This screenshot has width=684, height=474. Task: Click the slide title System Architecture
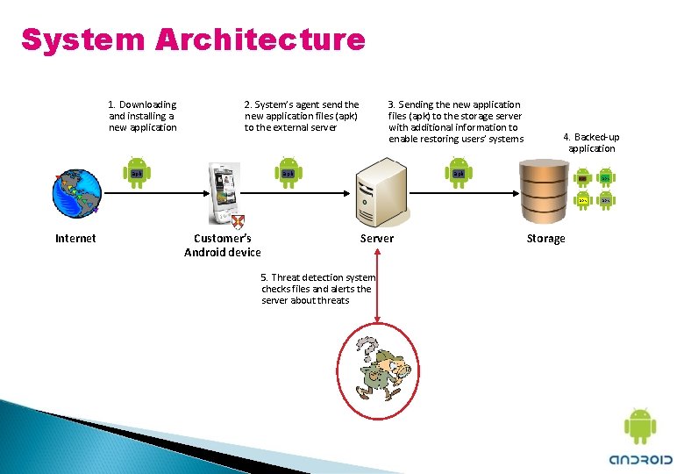(193, 39)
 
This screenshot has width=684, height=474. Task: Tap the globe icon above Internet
(76, 192)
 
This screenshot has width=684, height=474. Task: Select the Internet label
(75, 238)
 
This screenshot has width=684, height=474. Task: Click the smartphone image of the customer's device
(224, 193)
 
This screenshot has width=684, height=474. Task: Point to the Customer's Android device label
(223, 245)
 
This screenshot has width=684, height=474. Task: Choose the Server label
(377, 238)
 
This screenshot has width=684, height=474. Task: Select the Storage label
(545, 238)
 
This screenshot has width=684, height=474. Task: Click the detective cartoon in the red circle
(379, 369)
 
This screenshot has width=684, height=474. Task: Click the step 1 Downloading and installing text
(142, 116)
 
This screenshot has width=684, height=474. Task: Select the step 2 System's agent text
(302, 116)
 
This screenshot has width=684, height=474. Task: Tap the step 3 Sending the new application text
(455, 121)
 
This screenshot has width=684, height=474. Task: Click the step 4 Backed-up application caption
(591, 143)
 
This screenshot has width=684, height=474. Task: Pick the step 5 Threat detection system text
(317, 289)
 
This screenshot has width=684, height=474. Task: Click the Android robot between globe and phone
(137, 173)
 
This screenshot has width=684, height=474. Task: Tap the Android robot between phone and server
(288, 173)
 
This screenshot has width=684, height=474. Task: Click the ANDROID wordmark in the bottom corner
(641, 458)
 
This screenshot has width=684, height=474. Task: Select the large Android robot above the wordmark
(640, 427)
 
